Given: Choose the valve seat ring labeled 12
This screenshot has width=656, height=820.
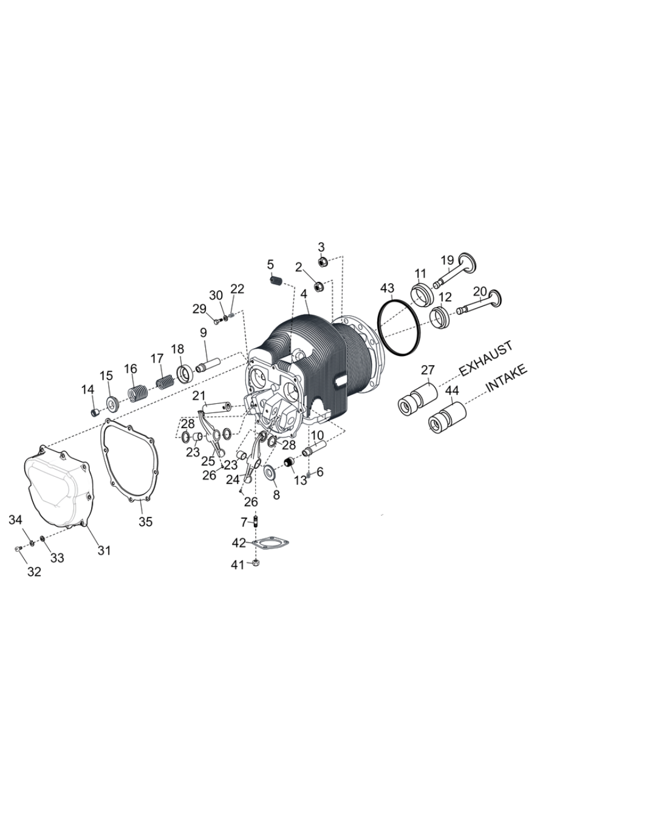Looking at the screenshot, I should tap(440, 316).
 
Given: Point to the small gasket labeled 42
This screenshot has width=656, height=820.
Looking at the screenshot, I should tap(268, 542).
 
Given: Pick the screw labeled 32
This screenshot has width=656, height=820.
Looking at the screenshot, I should tap(18, 548).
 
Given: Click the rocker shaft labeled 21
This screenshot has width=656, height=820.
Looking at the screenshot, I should tap(217, 406).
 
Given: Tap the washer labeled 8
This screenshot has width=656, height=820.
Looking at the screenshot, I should tap(270, 471).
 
